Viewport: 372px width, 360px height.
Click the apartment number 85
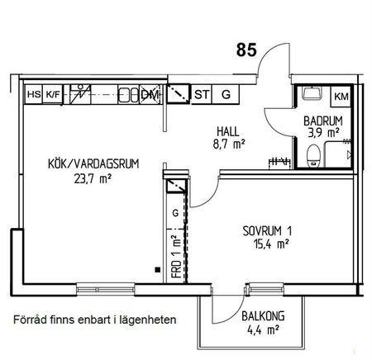(x=246, y=50)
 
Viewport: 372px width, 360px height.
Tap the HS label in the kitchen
(x=34, y=95)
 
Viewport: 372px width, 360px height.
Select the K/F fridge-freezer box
(x=54, y=95)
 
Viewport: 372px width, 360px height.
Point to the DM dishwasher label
(x=150, y=95)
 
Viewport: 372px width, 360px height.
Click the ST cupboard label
(x=202, y=95)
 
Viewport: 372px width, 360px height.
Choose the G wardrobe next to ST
(x=226, y=95)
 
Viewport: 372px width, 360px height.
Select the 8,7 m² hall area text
(x=229, y=144)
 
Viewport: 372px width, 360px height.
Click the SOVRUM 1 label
(x=268, y=230)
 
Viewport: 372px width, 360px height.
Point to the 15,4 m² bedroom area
(x=268, y=244)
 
